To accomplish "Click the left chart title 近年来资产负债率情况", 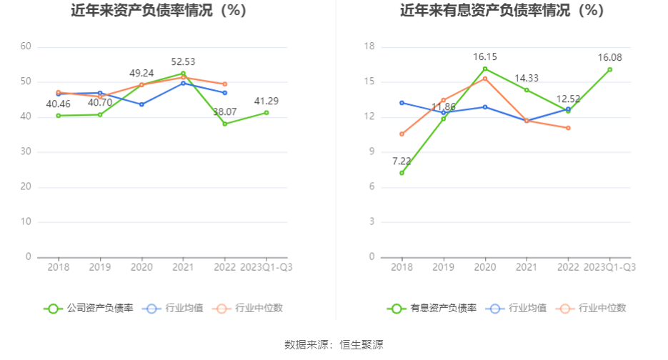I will (159, 11).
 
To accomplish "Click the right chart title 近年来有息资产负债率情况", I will (502, 11).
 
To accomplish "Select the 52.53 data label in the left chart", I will (184, 62).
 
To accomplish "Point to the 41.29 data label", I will (266, 101).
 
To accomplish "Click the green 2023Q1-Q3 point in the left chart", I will (266, 112).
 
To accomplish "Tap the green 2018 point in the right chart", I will (402, 173).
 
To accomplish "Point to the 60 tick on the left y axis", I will (26, 46).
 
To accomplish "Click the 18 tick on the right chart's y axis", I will (369, 46).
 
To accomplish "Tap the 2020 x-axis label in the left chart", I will (141, 267).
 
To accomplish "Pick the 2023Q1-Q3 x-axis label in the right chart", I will (609, 267).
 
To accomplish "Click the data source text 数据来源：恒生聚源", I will (334, 345).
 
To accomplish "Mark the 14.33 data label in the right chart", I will (527, 78).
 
